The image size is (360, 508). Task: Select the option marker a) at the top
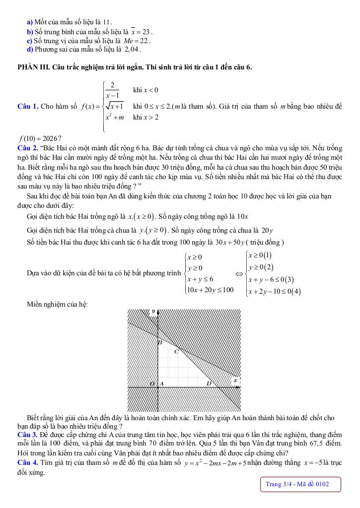[30, 22]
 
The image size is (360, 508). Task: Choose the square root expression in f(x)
[114, 106]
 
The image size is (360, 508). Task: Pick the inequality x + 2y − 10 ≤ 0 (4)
[274, 291]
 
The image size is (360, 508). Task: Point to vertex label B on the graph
[159, 342]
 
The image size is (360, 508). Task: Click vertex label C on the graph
[176, 352]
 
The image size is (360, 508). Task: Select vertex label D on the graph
[209, 383]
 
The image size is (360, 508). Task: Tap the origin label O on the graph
[152, 384]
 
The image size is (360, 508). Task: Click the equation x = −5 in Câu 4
[314, 463]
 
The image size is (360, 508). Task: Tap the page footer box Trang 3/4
[300, 484]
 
